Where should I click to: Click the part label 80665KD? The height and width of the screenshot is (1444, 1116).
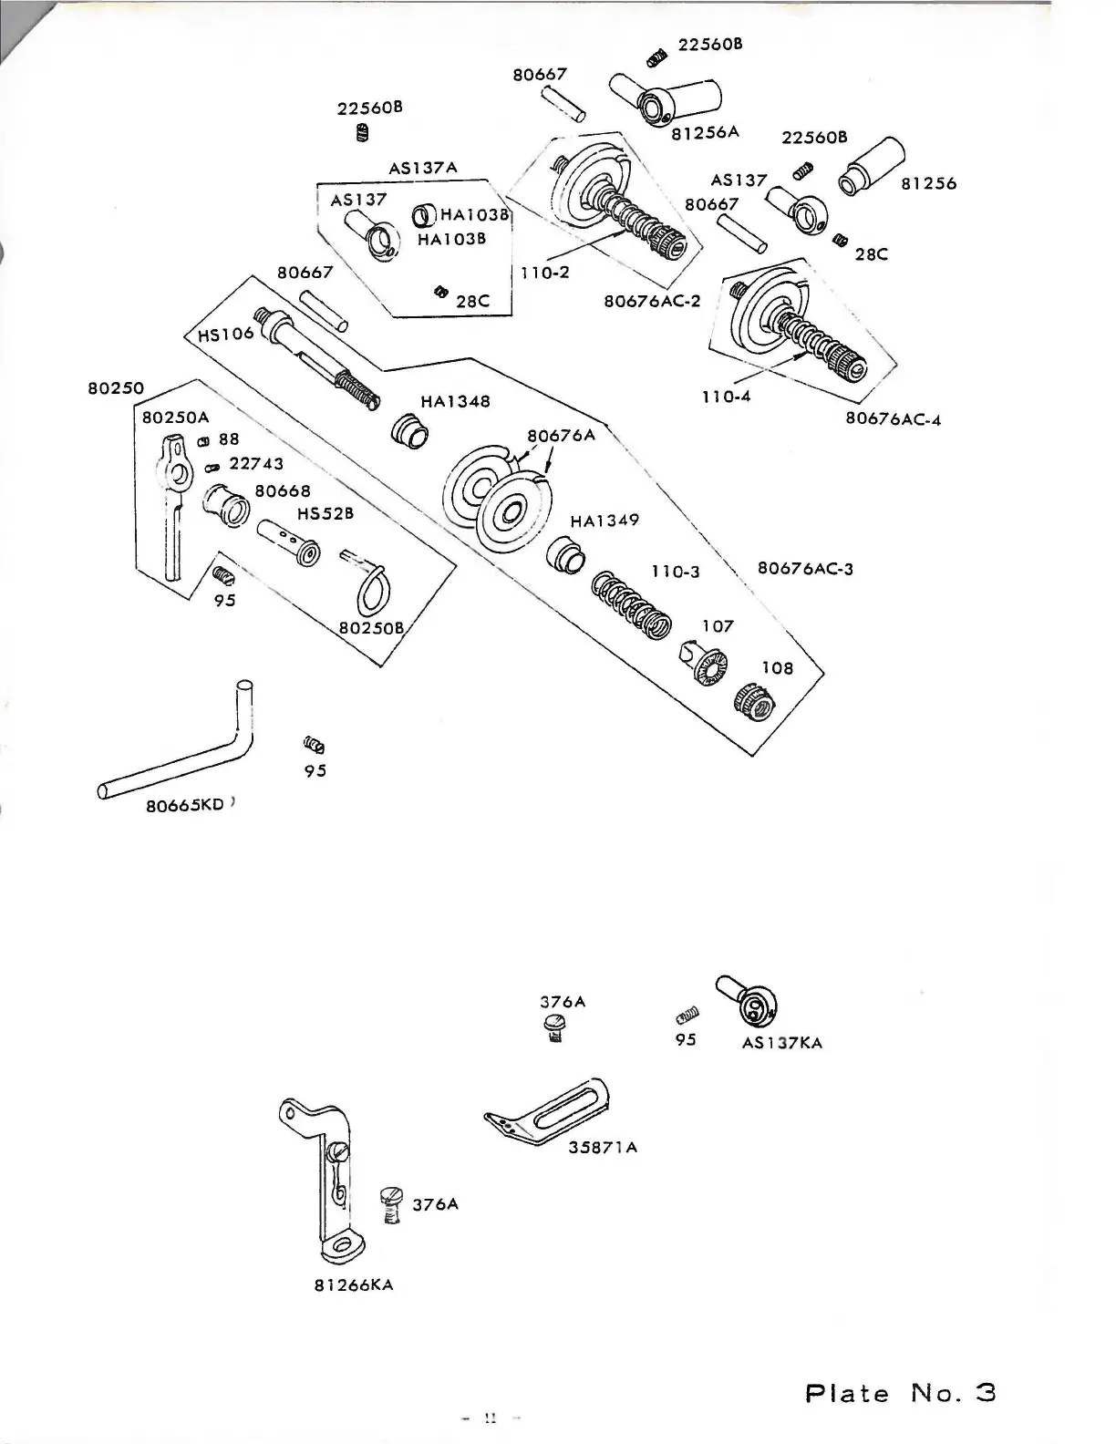[184, 806]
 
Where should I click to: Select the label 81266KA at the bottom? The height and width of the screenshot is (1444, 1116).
[353, 1285]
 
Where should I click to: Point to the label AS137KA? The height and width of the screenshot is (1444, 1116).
[782, 1043]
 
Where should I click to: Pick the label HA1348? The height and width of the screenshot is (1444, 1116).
[455, 401]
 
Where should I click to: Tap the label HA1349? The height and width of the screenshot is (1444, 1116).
[604, 521]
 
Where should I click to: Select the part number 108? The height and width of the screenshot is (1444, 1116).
[778, 667]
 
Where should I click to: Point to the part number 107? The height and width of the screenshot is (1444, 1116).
[718, 626]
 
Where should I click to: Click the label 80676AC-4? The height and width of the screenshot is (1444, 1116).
[894, 419]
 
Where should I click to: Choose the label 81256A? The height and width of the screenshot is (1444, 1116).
[705, 132]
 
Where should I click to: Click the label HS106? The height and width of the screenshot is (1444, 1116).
[225, 334]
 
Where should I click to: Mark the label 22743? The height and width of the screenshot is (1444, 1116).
[256, 464]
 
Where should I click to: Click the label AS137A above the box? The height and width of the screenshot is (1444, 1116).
[423, 169]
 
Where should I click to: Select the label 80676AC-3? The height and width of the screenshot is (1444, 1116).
[805, 569]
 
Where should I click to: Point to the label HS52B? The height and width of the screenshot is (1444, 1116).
[325, 513]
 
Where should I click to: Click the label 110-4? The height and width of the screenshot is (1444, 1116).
[727, 397]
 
